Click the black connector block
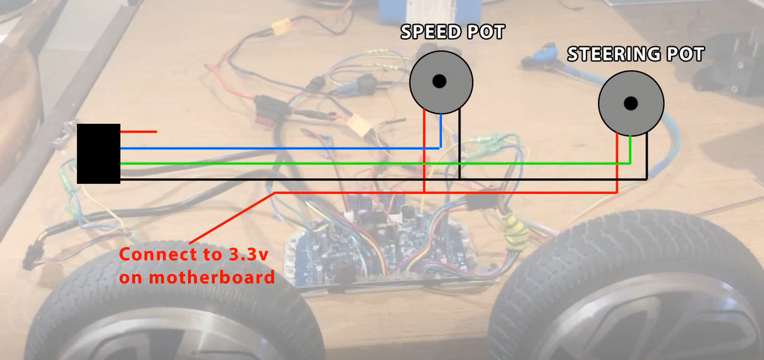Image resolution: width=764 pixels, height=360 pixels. click(99, 153)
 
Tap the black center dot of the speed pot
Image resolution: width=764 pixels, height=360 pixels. click(440, 81)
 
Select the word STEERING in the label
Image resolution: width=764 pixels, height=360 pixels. click(612, 54)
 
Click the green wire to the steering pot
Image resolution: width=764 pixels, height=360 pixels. click(379, 164)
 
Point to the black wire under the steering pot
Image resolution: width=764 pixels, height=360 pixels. click(646, 158)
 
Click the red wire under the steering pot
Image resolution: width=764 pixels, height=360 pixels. click(617, 164)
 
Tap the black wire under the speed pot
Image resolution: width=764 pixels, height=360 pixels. click(459, 145)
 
